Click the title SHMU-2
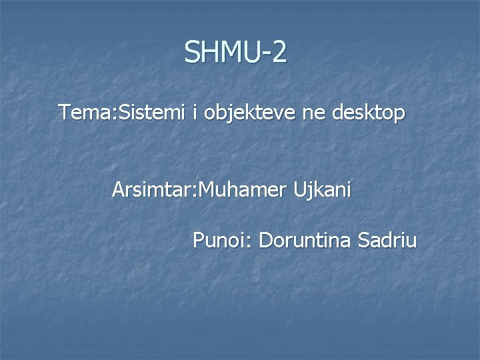click(x=236, y=52)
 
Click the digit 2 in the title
click(x=279, y=52)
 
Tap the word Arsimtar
click(x=151, y=191)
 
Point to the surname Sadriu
click(x=388, y=239)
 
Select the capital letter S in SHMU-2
click(x=193, y=52)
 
